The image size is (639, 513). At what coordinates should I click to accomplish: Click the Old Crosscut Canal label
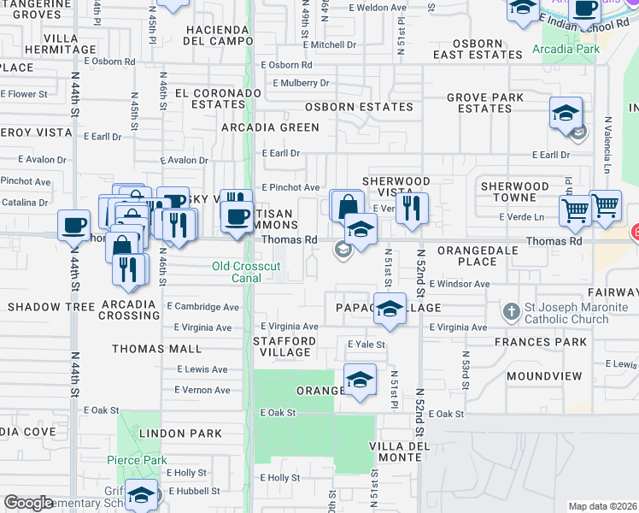246,272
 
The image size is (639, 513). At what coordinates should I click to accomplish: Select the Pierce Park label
137,460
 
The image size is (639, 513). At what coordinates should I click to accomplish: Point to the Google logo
28,503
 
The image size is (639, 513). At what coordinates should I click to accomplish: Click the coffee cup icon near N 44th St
73,226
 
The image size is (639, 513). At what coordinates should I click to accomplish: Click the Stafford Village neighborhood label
285,346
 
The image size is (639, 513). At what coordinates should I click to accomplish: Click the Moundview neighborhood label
544,376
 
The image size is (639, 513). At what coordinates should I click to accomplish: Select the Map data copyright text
602,506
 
